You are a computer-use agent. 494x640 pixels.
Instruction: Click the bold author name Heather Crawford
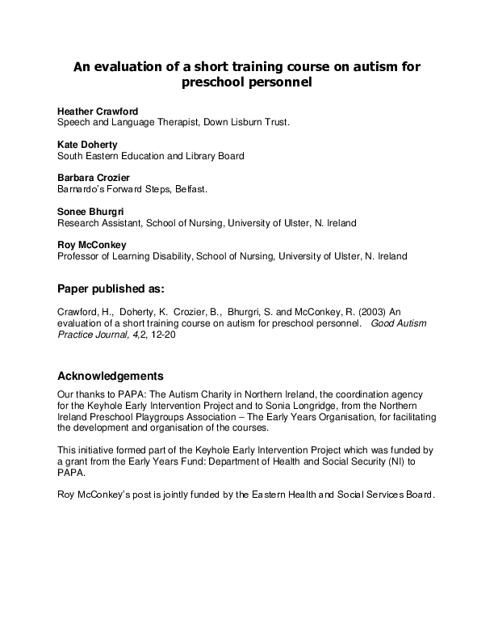coord(97,110)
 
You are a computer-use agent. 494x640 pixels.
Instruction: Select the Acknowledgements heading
coord(111,376)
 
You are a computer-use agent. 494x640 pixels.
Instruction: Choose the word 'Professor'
coord(80,256)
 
